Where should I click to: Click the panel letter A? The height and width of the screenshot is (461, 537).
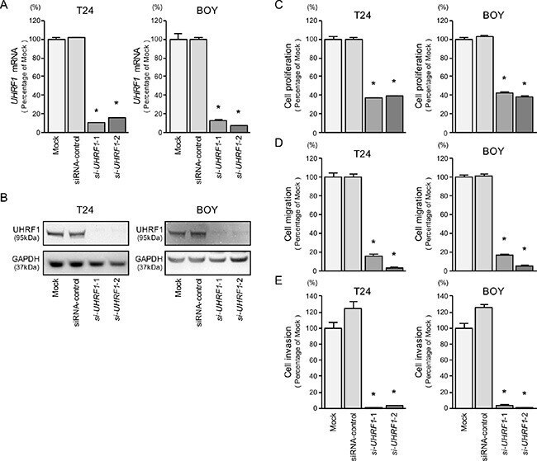pyautogui.click(x=4, y=5)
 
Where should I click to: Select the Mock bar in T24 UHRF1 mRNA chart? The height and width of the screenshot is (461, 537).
pyautogui.click(x=56, y=86)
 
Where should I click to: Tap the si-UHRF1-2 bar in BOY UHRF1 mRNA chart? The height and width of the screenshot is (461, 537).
pyautogui.click(x=239, y=129)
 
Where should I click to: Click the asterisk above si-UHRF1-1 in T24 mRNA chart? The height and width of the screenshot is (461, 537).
pyautogui.click(x=96, y=111)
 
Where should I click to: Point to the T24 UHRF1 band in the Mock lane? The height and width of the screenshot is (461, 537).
pyautogui.click(x=55, y=234)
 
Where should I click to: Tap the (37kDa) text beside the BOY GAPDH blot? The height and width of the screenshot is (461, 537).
pyautogui.click(x=149, y=267)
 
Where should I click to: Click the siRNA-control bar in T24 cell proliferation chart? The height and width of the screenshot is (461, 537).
pyautogui.click(x=354, y=86)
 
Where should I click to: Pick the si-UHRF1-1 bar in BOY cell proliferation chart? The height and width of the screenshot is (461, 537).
pyautogui.click(x=505, y=112)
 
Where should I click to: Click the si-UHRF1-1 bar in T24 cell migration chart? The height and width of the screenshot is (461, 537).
pyautogui.click(x=373, y=263)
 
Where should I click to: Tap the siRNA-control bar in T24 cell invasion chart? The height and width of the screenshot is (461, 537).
pyautogui.click(x=353, y=359)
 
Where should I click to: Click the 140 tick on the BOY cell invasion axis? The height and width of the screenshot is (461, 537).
pyautogui.click(x=443, y=296)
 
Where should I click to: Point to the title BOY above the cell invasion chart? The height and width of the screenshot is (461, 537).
pyautogui.click(x=493, y=291)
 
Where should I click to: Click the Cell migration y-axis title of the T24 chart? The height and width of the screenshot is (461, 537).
pyautogui.click(x=288, y=214)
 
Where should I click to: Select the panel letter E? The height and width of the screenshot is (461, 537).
pyautogui.click(x=278, y=280)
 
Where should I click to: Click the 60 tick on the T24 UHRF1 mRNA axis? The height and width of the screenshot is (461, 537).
pyautogui.click(x=36, y=77)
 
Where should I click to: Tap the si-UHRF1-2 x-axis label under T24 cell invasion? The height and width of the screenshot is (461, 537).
pyautogui.click(x=394, y=434)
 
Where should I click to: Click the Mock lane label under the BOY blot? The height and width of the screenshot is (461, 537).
pyautogui.click(x=178, y=288)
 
